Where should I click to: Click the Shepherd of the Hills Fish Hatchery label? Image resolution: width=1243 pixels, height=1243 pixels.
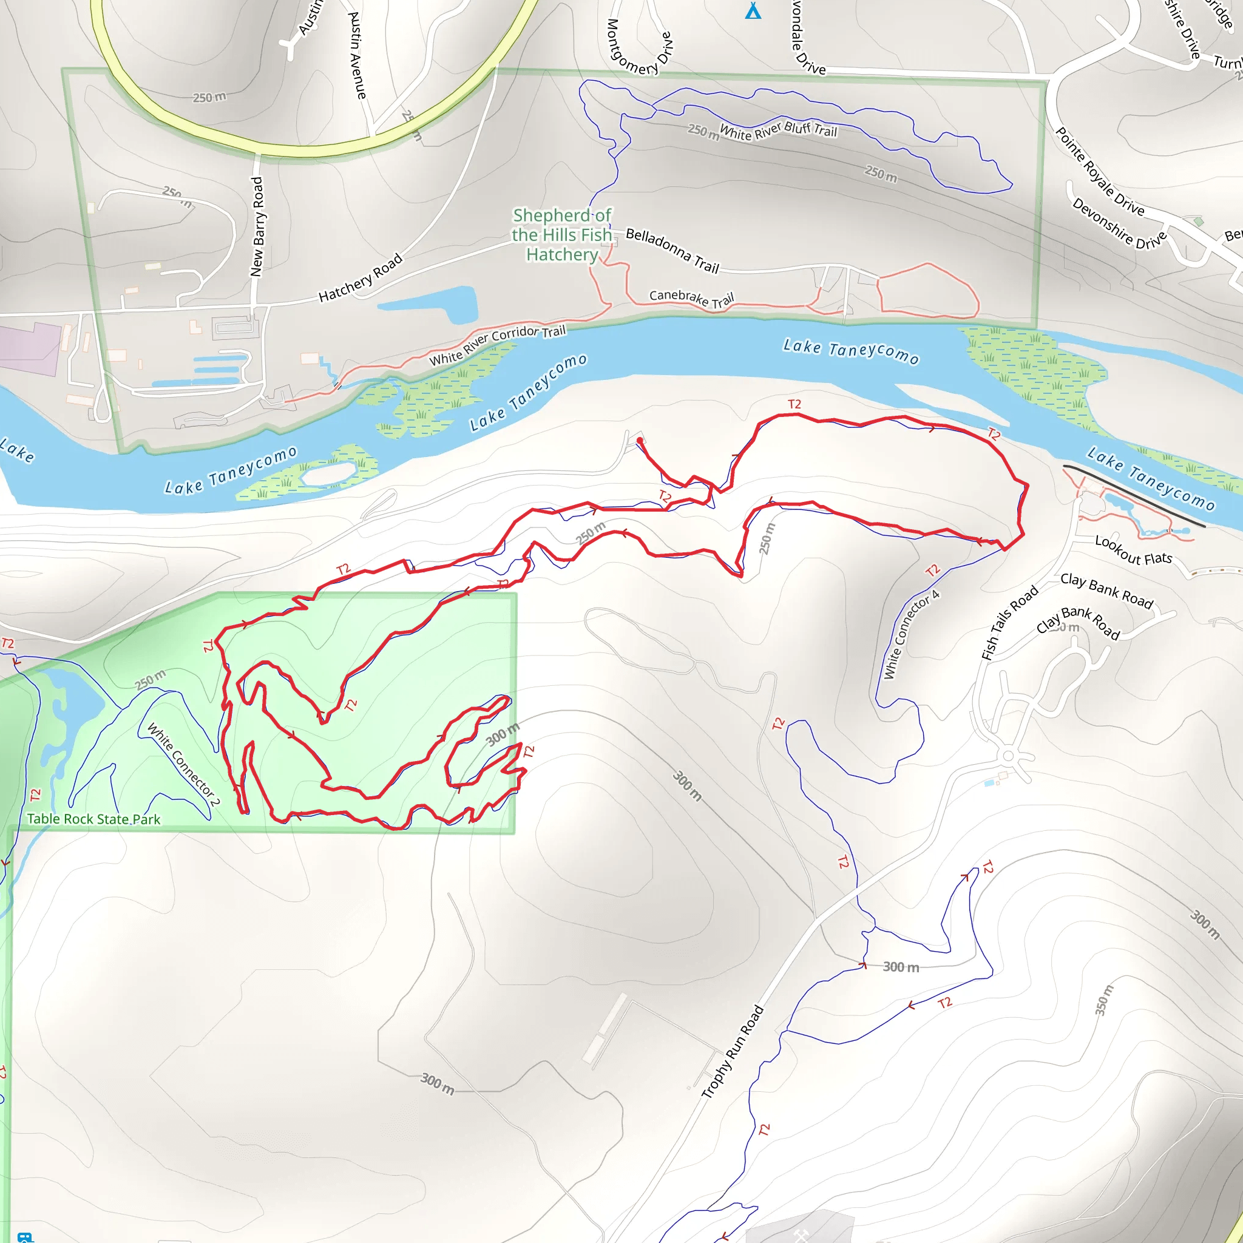(561, 235)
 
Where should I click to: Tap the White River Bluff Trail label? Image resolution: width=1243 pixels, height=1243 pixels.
(778, 130)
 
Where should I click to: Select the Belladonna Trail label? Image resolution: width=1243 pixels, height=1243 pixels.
(672, 250)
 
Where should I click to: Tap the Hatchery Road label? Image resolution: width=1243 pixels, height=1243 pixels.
(361, 277)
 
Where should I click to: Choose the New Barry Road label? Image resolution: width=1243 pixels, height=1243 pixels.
(257, 226)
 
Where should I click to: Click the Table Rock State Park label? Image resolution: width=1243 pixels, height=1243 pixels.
(94, 819)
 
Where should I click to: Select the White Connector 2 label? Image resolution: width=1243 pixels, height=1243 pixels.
(184, 764)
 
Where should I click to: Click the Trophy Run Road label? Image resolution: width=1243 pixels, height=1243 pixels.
(732, 1051)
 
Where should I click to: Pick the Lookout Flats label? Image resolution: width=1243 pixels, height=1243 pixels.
(1133, 549)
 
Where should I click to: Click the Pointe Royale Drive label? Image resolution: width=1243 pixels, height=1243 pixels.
(1100, 172)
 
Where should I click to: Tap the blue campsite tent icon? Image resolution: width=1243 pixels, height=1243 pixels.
(753, 11)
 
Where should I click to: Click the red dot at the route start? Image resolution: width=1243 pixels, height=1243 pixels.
(640, 441)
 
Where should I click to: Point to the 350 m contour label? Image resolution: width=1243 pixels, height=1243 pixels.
(1104, 1000)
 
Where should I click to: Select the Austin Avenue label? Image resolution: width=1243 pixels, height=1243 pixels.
(357, 55)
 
